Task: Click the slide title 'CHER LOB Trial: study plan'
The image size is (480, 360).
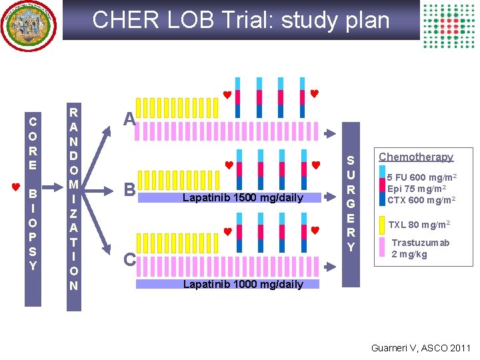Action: (x=241, y=20)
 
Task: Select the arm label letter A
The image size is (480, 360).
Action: (x=131, y=119)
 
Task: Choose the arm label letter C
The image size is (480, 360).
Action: (x=129, y=259)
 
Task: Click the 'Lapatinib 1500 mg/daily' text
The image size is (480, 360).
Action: (x=243, y=198)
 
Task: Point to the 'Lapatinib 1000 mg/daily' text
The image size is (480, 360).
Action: (x=243, y=284)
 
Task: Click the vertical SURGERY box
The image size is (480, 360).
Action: (x=351, y=204)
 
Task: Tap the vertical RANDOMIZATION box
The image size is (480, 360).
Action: (x=73, y=199)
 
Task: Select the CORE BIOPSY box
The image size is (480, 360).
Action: (x=33, y=193)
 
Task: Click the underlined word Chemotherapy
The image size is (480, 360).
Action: (x=416, y=157)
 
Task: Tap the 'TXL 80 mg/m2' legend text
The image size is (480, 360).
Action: (x=419, y=225)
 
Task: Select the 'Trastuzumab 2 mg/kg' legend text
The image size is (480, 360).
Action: (x=420, y=248)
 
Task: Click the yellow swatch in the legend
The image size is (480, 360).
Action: (x=381, y=225)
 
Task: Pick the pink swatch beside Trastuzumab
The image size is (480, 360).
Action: (x=381, y=247)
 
